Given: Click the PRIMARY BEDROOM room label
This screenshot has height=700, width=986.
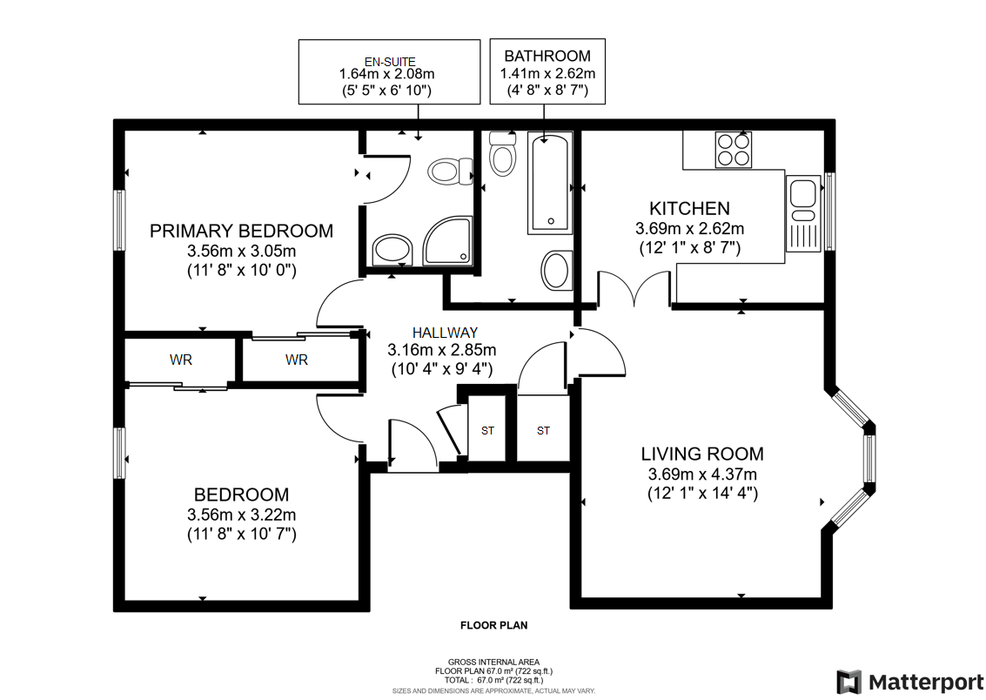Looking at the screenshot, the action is click(x=241, y=231).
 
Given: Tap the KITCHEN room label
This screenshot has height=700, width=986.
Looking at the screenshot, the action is click(x=689, y=208).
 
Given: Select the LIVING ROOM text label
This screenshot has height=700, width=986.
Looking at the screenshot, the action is click(x=702, y=454).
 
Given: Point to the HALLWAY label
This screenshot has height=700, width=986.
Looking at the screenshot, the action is click(x=445, y=333).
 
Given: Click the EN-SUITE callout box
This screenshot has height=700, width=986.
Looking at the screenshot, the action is click(x=389, y=71).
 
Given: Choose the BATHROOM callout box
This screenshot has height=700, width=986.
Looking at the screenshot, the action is click(x=547, y=71).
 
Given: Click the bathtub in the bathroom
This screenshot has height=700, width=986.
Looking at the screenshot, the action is click(x=550, y=183).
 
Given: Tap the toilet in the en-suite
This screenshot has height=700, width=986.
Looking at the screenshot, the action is click(x=450, y=171).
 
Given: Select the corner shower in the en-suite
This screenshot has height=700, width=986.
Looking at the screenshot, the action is click(x=447, y=241).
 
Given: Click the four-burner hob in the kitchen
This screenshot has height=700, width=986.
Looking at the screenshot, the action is click(x=734, y=150).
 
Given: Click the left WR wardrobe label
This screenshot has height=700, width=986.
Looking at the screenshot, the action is click(x=180, y=360).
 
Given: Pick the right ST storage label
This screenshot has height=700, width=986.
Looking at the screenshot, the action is click(x=543, y=431).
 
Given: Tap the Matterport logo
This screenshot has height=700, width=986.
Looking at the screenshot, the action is click(x=910, y=682).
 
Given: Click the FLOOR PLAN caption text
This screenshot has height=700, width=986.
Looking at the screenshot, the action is click(x=493, y=625).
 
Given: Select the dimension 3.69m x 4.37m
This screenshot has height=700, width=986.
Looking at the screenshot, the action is click(x=702, y=475).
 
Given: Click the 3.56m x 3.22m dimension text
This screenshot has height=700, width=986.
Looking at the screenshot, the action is click(x=241, y=515).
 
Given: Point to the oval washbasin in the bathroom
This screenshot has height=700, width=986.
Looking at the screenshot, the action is click(x=556, y=271).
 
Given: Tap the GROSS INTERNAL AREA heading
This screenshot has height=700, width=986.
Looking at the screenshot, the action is click(x=493, y=662).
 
